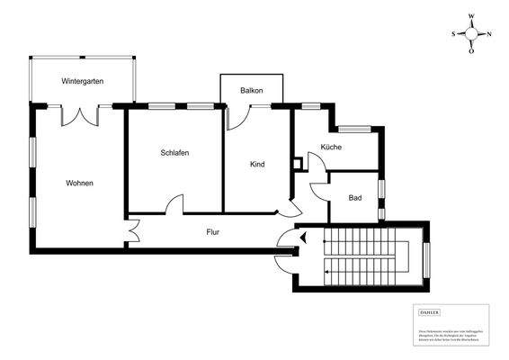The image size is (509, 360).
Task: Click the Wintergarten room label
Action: (x=83, y=81)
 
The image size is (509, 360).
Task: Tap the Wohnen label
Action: (x=79, y=183)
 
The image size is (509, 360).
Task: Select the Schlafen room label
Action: (x=174, y=152)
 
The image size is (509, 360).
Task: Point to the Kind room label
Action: (x=257, y=164)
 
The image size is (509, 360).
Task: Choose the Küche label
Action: (x=332, y=147)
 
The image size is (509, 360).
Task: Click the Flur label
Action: (x=213, y=232)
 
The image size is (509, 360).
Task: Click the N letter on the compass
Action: (x=488, y=33)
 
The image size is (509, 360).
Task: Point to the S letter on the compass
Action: (x=453, y=33)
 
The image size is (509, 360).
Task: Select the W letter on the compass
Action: (x=471, y=16)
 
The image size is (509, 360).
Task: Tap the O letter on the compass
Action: (x=471, y=51)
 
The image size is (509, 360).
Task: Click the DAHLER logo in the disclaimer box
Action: (x=430, y=310)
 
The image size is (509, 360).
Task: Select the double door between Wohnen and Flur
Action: (x=133, y=231)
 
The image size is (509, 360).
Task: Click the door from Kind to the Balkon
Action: (x=237, y=115)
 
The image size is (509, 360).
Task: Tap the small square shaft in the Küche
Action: (x=299, y=164)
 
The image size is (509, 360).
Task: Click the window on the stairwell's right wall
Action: (x=427, y=256)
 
